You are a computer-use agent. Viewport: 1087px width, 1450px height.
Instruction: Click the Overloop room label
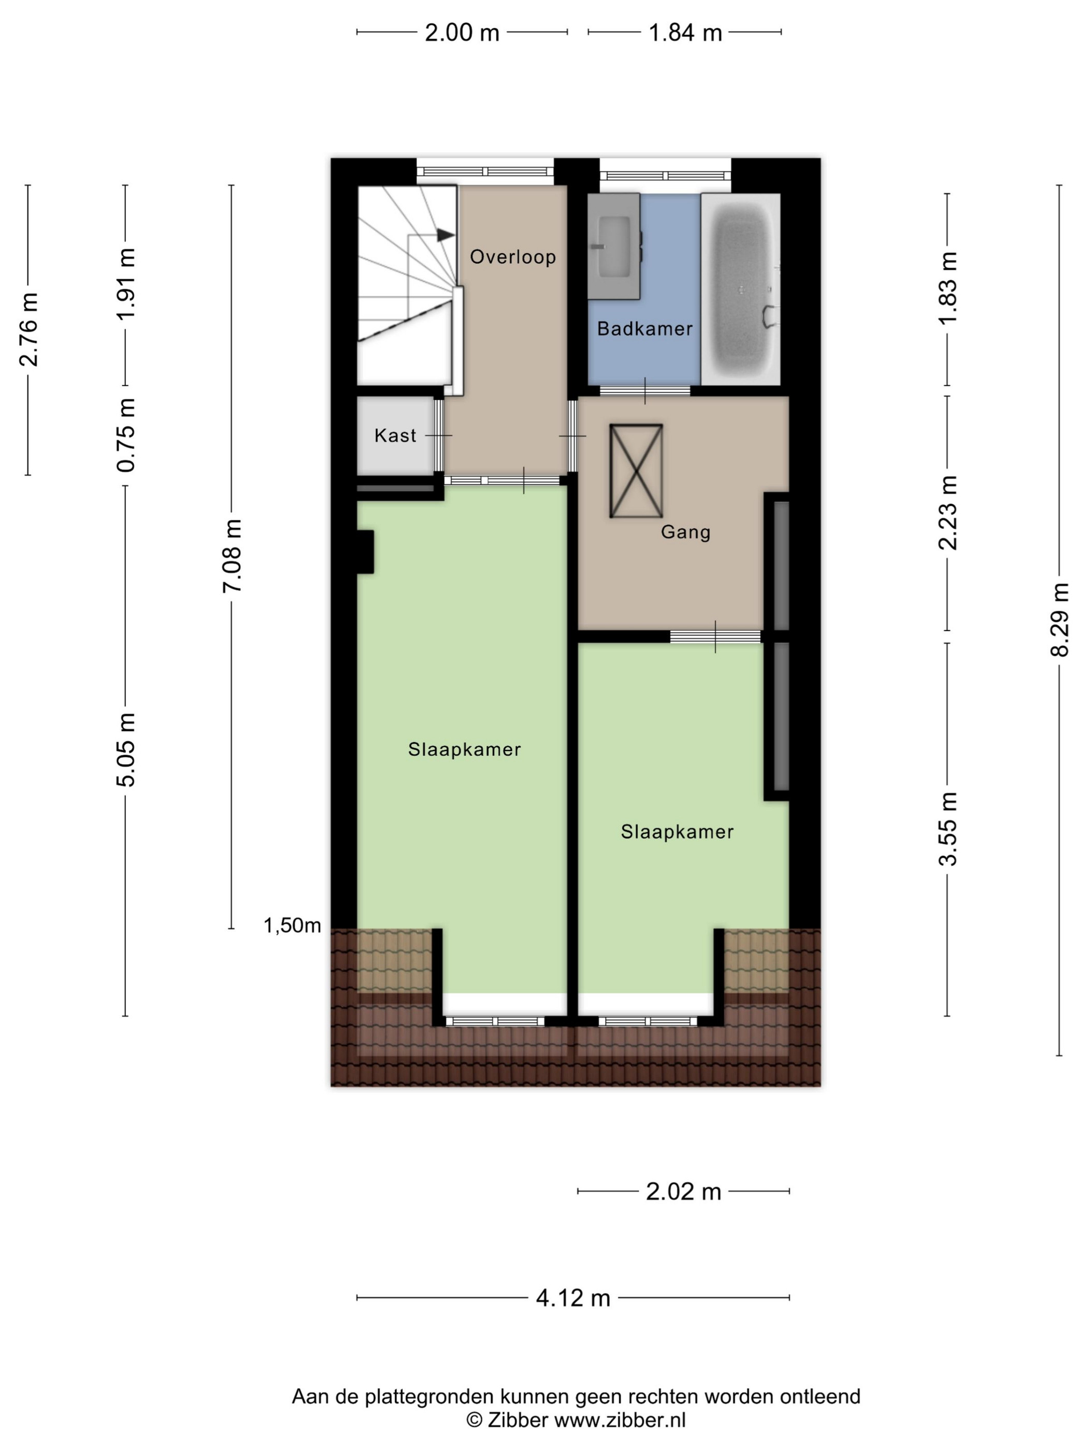coord(512,256)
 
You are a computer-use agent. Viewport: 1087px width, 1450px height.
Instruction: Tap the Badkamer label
coord(645,328)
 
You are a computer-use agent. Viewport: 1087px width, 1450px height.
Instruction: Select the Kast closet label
coord(395,436)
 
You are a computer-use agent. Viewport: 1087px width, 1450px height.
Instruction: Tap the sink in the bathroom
coord(614,247)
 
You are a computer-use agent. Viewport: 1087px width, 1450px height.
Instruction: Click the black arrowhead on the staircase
coord(446,235)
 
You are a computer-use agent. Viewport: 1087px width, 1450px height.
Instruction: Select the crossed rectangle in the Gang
coord(636,471)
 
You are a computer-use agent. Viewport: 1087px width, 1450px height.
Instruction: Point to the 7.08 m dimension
coord(232,556)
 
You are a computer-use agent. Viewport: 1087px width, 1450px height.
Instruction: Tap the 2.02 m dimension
coord(683,1191)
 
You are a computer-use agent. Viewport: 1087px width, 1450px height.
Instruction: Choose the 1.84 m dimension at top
coord(685,32)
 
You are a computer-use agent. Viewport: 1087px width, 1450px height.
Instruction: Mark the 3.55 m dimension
coord(947,829)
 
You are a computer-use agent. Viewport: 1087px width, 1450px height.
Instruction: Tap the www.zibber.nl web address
coord(620,1420)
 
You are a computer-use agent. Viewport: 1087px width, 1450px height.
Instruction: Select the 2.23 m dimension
coord(947,513)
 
